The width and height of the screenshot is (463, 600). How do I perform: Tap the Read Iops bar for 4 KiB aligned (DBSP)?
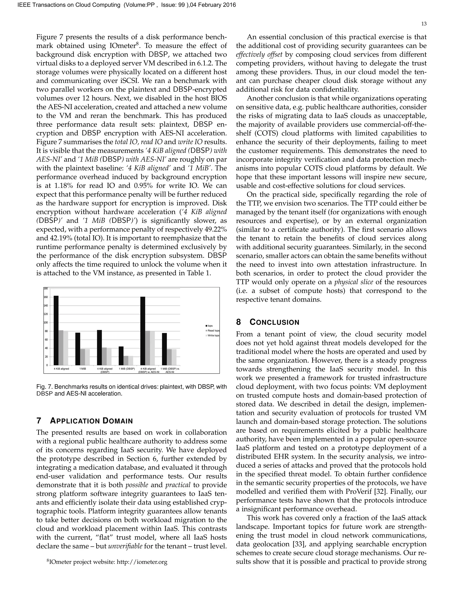[104, 356]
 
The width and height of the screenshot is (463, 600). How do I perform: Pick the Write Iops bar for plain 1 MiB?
[87, 357]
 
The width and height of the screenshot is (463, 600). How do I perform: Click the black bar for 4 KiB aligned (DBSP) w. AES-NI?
[143, 331]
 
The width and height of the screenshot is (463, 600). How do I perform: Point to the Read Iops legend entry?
[213, 331]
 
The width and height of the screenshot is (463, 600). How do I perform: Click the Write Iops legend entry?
[213, 336]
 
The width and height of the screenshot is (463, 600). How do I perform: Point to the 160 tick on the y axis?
[46, 297]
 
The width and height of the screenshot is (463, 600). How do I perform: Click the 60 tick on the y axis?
[46, 340]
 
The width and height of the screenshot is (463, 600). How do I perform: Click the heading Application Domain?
[85, 421]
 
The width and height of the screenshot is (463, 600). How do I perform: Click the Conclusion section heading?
[267, 322]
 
